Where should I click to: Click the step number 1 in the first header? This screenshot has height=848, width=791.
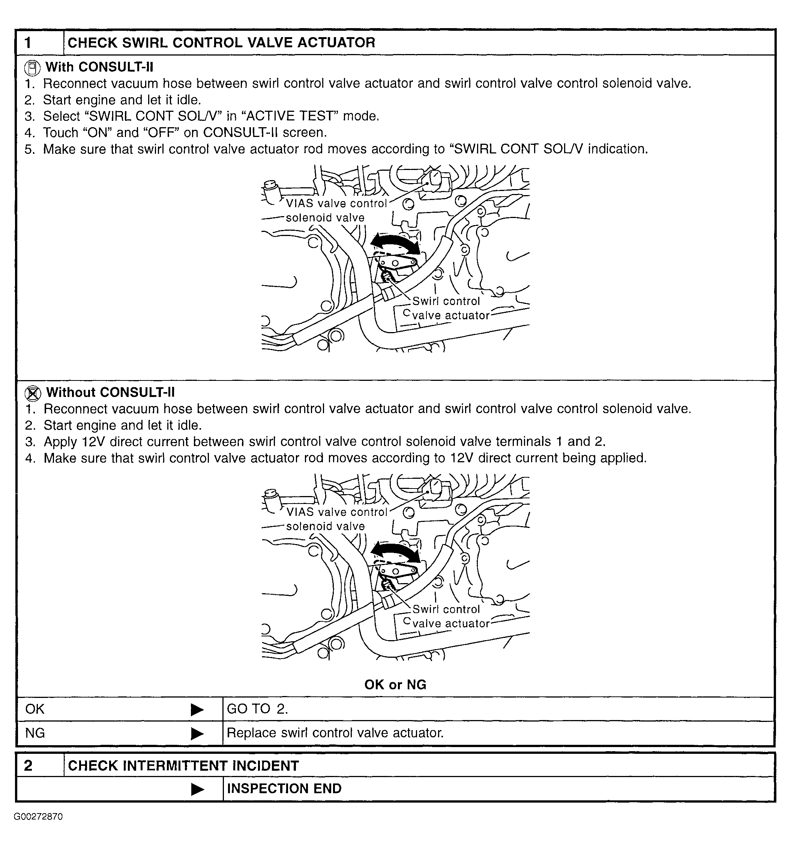click(x=28, y=43)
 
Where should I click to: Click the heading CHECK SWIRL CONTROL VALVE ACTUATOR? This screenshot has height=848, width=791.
click(x=221, y=43)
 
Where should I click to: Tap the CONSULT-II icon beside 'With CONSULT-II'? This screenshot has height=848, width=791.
click(x=32, y=68)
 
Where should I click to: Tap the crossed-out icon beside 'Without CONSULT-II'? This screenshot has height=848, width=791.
click(x=33, y=393)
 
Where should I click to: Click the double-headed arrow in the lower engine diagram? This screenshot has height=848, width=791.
click(x=395, y=552)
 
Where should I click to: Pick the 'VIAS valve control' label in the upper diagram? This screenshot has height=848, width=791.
click(x=336, y=203)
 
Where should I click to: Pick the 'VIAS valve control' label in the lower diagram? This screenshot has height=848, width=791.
click(x=336, y=512)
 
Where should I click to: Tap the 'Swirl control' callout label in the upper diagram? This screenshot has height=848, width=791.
click(x=446, y=301)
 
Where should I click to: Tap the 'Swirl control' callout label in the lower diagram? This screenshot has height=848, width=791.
click(x=446, y=609)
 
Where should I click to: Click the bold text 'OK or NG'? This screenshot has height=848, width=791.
click(x=395, y=685)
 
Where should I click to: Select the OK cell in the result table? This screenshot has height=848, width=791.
click(x=35, y=709)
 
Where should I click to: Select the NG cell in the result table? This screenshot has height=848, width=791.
click(x=35, y=733)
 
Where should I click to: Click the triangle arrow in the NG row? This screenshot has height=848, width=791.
click(x=197, y=734)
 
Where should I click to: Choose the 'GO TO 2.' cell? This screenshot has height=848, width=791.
click(x=258, y=709)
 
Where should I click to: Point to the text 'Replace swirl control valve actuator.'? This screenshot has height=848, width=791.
click(x=335, y=733)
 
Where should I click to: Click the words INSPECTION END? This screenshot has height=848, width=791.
click(x=284, y=788)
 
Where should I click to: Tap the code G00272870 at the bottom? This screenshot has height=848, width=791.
click(x=38, y=817)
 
